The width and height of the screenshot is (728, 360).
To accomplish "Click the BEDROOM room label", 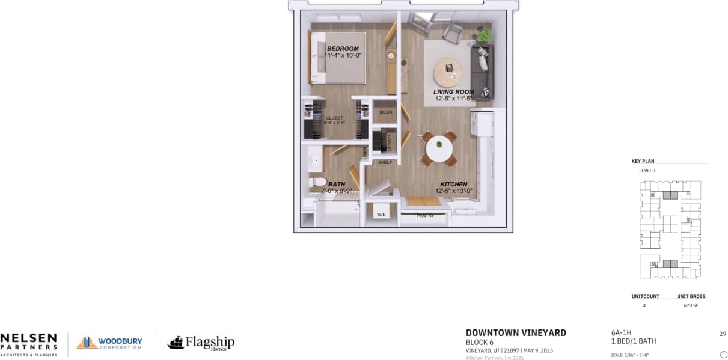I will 343,49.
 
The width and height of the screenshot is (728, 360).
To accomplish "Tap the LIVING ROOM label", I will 453,92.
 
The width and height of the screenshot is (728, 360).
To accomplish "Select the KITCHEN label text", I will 453,184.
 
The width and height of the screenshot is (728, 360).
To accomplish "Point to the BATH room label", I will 336,184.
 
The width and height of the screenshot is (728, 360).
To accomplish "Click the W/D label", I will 381,214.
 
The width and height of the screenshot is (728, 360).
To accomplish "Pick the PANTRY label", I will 425,215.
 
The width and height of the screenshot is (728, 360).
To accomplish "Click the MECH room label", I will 385,112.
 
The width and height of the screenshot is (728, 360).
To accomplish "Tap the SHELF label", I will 385,162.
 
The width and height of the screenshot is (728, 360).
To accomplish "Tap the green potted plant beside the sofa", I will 484,35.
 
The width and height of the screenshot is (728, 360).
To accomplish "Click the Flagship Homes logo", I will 201,343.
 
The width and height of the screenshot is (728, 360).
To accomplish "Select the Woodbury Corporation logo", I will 109,343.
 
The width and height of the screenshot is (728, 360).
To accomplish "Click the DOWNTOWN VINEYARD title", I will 516,333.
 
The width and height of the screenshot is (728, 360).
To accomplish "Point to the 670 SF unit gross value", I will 691,306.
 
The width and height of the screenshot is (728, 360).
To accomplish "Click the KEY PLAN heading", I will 643,161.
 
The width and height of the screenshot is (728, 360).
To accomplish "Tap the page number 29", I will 722,333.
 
